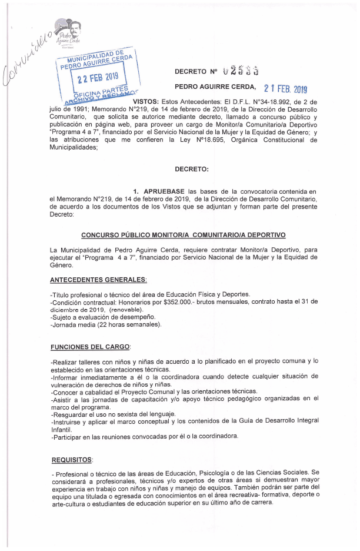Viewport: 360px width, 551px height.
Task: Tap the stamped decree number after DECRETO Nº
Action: coord(242,71)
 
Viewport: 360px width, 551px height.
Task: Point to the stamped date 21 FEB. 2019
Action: coord(285,88)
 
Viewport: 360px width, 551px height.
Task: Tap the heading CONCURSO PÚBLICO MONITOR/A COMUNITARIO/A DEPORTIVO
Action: coord(183,235)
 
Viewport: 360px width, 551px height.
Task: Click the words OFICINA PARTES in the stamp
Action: coord(100,92)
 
